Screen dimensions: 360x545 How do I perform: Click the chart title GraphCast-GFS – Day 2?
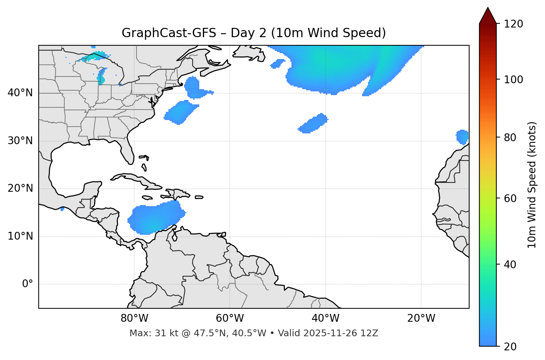(x=254, y=33)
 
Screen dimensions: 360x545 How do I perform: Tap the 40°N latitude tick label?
(x=20, y=93)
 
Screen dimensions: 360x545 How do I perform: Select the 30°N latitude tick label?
(x=20, y=141)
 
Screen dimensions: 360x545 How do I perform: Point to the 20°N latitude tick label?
(x=20, y=188)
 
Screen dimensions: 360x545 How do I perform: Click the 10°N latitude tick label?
(x=20, y=236)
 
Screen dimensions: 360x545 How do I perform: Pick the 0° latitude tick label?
(x=28, y=284)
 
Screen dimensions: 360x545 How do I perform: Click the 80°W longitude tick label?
(x=134, y=318)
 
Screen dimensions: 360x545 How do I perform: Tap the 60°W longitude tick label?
(x=230, y=318)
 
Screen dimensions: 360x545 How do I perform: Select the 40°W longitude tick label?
(x=325, y=318)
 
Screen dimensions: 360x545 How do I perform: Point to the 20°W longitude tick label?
(x=421, y=318)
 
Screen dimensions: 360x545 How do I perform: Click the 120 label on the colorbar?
(x=513, y=24)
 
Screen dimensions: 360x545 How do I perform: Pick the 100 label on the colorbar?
(x=513, y=80)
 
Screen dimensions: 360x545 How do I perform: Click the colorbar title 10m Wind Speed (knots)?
(x=532, y=185)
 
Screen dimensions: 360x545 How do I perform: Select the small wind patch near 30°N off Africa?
(x=462, y=137)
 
